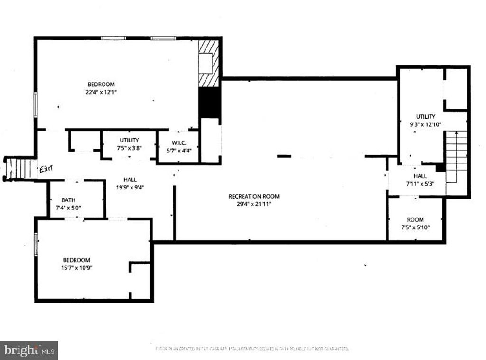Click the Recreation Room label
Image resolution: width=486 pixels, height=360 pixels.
click(x=254, y=196)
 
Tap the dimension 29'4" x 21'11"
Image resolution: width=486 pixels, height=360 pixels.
click(x=254, y=204)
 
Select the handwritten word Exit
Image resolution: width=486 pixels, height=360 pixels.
click(x=46, y=169)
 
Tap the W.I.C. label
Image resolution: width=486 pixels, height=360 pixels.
click(x=178, y=143)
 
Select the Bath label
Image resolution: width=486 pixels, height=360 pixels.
click(x=68, y=200)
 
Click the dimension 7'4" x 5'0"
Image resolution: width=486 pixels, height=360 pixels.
click(x=68, y=208)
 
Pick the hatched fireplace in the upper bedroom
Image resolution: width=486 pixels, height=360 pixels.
click(x=209, y=63)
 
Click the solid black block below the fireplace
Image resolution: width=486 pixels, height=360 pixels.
click(x=209, y=103)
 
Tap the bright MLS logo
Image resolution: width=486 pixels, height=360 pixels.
click(x=29, y=351)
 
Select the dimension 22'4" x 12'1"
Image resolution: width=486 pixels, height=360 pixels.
click(x=101, y=92)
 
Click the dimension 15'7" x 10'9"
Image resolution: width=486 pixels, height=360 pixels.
click(x=77, y=268)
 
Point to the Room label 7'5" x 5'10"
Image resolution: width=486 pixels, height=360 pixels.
click(x=415, y=224)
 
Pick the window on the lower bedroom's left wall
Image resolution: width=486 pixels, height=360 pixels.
click(x=36, y=244)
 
